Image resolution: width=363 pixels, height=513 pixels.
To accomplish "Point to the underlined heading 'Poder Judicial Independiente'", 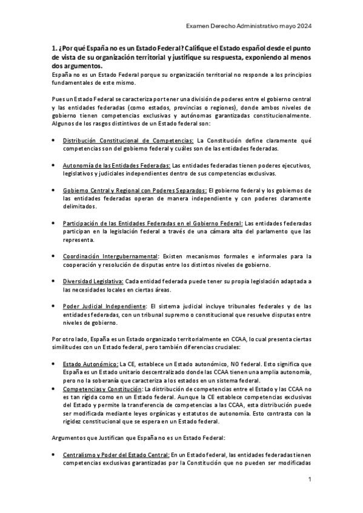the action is point(104,307).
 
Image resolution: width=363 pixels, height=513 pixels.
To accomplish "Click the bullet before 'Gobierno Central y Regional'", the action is point(54,191).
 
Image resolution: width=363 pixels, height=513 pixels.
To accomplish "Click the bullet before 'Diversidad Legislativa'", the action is point(54,282).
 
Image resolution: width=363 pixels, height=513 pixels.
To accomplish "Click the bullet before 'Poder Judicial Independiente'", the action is point(54,307).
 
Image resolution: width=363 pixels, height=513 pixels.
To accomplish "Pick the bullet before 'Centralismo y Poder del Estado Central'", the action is point(54,454).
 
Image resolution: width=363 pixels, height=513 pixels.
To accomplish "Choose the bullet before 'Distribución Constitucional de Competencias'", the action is point(54,140).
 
